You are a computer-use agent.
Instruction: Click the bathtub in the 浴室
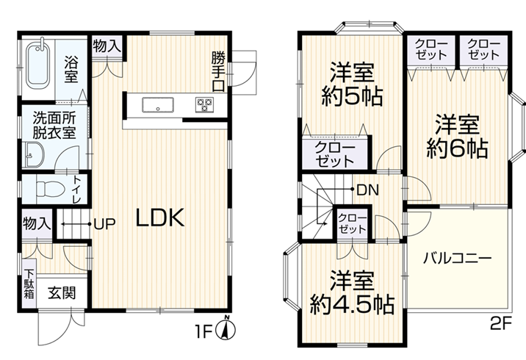(x=38, y=65)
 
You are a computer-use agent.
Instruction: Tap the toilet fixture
(x=50, y=189)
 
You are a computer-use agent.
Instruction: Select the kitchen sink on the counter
(x=158, y=104)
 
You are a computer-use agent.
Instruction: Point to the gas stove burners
(x=204, y=104)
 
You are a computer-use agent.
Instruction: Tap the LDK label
(x=160, y=217)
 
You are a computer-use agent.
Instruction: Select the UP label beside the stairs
(x=104, y=224)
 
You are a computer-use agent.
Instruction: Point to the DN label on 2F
(x=368, y=190)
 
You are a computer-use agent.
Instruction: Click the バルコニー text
(x=457, y=259)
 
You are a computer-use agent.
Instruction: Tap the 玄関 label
(x=62, y=293)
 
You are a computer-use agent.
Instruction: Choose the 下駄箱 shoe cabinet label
(x=29, y=284)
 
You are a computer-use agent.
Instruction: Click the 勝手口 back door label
(x=218, y=71)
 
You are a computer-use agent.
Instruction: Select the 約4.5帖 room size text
(x=351, y=304)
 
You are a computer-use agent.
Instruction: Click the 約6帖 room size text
(x=457, y=148)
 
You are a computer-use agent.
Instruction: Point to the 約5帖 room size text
(x=352, y=96)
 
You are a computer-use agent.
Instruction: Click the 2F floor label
(x=501, y=324)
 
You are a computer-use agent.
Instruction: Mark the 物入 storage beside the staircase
(x=37, y=223)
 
